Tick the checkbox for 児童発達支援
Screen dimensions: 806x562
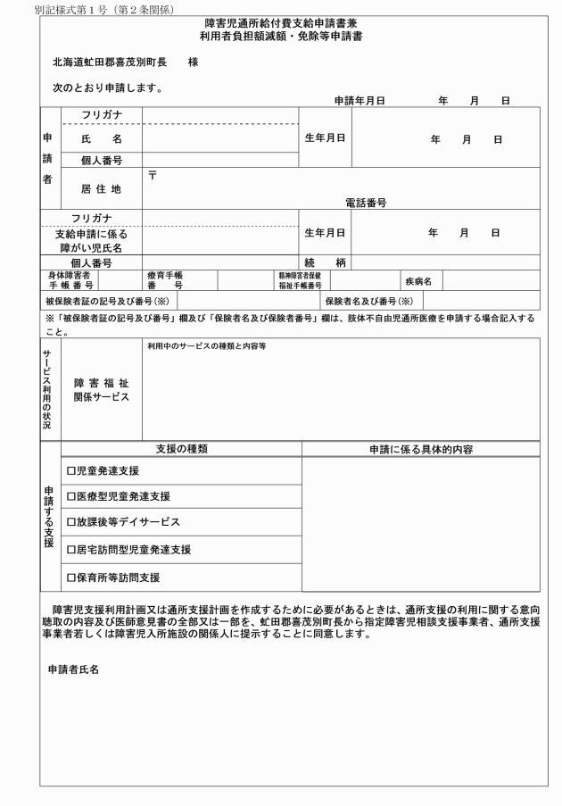(71, 470)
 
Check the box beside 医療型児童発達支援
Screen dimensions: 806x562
(71, 496)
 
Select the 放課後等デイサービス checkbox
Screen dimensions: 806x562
(71, 522)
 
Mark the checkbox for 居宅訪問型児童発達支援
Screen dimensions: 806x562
(71, 549)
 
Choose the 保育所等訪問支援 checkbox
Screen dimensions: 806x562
(71, 577)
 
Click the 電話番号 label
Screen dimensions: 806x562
(365, 204)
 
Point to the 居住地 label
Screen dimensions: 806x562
(101, 188)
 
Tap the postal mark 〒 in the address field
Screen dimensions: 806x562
(153, 175)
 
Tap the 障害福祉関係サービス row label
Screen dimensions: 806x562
(101, 389)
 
